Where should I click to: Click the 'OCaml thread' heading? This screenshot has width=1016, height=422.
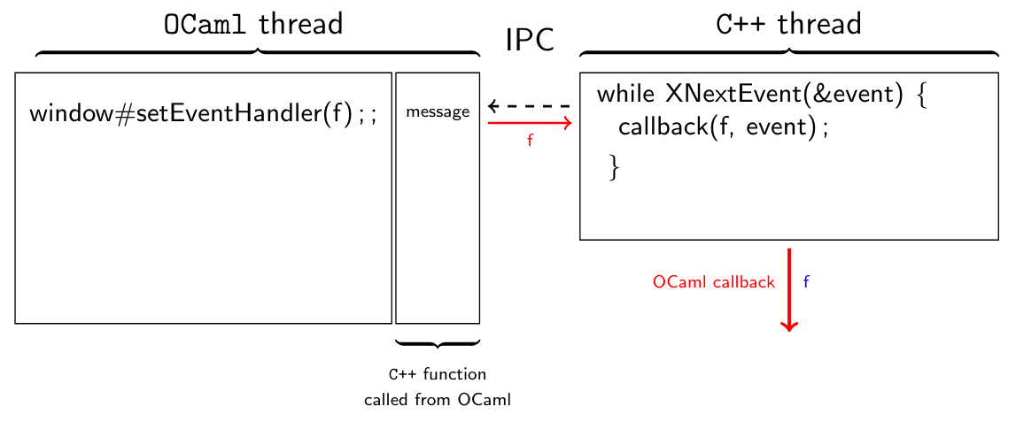tap(253, 24)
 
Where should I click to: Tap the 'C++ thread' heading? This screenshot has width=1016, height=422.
tap(787, 24)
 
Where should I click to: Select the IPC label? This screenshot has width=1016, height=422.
tap(530, 40)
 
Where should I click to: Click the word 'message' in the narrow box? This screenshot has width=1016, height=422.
tap(438, 111)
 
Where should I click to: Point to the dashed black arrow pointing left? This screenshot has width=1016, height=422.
tap(529, 106)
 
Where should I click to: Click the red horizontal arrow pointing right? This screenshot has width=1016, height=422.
tap(530, 123)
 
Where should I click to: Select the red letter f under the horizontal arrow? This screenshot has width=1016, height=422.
tap(530, 141)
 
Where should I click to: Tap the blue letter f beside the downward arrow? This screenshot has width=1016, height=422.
tap(806, 282)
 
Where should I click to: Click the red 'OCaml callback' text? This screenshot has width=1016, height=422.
tap(713, 282)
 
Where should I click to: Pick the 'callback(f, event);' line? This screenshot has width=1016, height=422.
tap(723, 127)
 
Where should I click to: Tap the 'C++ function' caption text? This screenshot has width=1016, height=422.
tap(438, 374)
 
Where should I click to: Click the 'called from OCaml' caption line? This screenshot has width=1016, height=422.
tap(438, 400)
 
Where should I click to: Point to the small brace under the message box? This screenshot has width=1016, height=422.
tap(438, 343)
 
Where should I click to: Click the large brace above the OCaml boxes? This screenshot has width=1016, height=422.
tap(257, 52)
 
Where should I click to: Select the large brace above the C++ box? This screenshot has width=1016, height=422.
tap(788, 52)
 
